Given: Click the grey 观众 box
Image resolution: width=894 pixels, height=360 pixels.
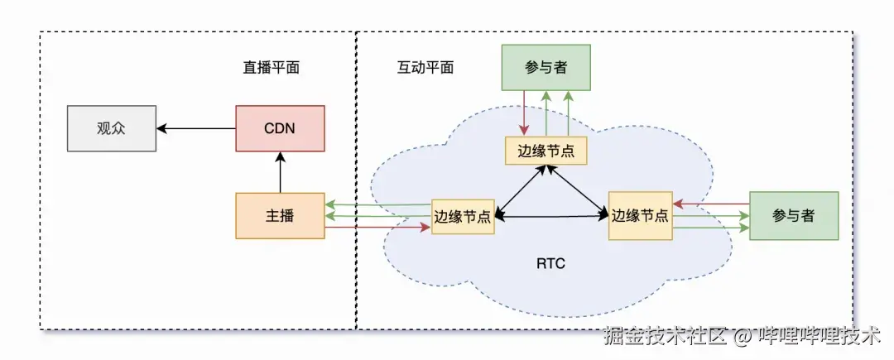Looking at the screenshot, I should (111, 128).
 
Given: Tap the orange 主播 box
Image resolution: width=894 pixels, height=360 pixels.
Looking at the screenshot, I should (280, 216).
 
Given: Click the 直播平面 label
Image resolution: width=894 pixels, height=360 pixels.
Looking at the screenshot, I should (265, 68).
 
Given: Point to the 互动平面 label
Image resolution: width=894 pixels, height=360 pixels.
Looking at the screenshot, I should (425, 68).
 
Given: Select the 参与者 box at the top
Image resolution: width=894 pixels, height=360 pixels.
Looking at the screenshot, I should (546, 68).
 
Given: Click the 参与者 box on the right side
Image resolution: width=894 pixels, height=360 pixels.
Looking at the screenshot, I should (794, 216).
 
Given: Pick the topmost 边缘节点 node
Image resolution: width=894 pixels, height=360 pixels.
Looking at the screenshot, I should (546, 151).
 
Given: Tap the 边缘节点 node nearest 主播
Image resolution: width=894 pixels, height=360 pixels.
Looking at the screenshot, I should (463, 217).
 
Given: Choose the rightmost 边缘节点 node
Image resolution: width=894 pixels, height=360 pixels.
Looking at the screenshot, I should (640, 216).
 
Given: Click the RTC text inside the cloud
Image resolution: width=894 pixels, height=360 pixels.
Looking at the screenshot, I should (551, 264).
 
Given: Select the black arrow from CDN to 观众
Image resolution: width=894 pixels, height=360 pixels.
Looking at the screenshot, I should (196, 128).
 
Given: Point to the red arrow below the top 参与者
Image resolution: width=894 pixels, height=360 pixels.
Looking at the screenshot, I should (524, 113).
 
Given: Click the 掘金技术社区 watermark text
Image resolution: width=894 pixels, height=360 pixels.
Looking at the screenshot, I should (665, 338).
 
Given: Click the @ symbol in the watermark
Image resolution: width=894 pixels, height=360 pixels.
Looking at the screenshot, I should (743, 338).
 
